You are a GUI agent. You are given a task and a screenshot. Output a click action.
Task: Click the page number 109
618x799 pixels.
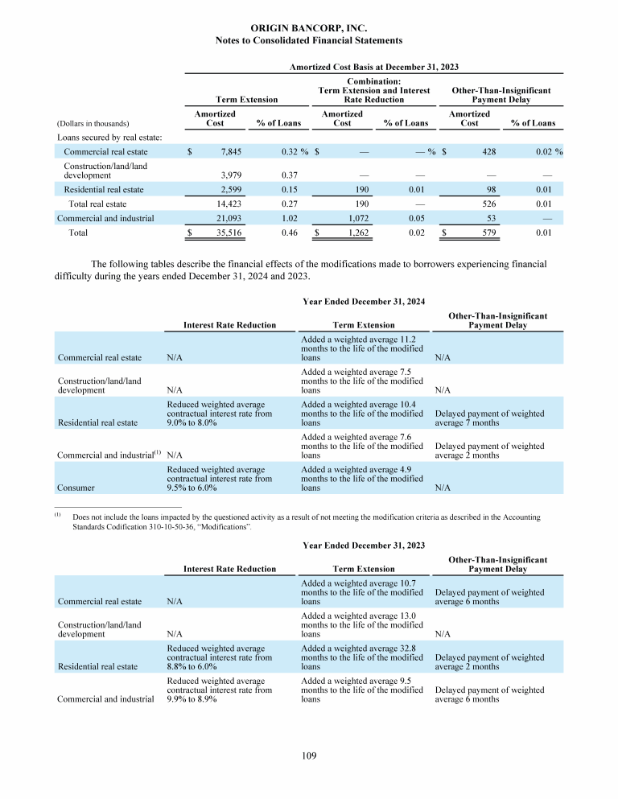tap(309, 756)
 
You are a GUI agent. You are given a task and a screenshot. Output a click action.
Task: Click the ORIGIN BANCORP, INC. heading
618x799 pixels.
tap(309, 29)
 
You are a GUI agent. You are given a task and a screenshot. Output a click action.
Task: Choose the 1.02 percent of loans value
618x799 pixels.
tap(281, 217)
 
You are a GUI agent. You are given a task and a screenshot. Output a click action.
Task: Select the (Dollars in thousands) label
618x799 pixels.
tap(93, 124)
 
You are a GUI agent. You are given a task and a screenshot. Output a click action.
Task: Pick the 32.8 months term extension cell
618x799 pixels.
tap(361, 657)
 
